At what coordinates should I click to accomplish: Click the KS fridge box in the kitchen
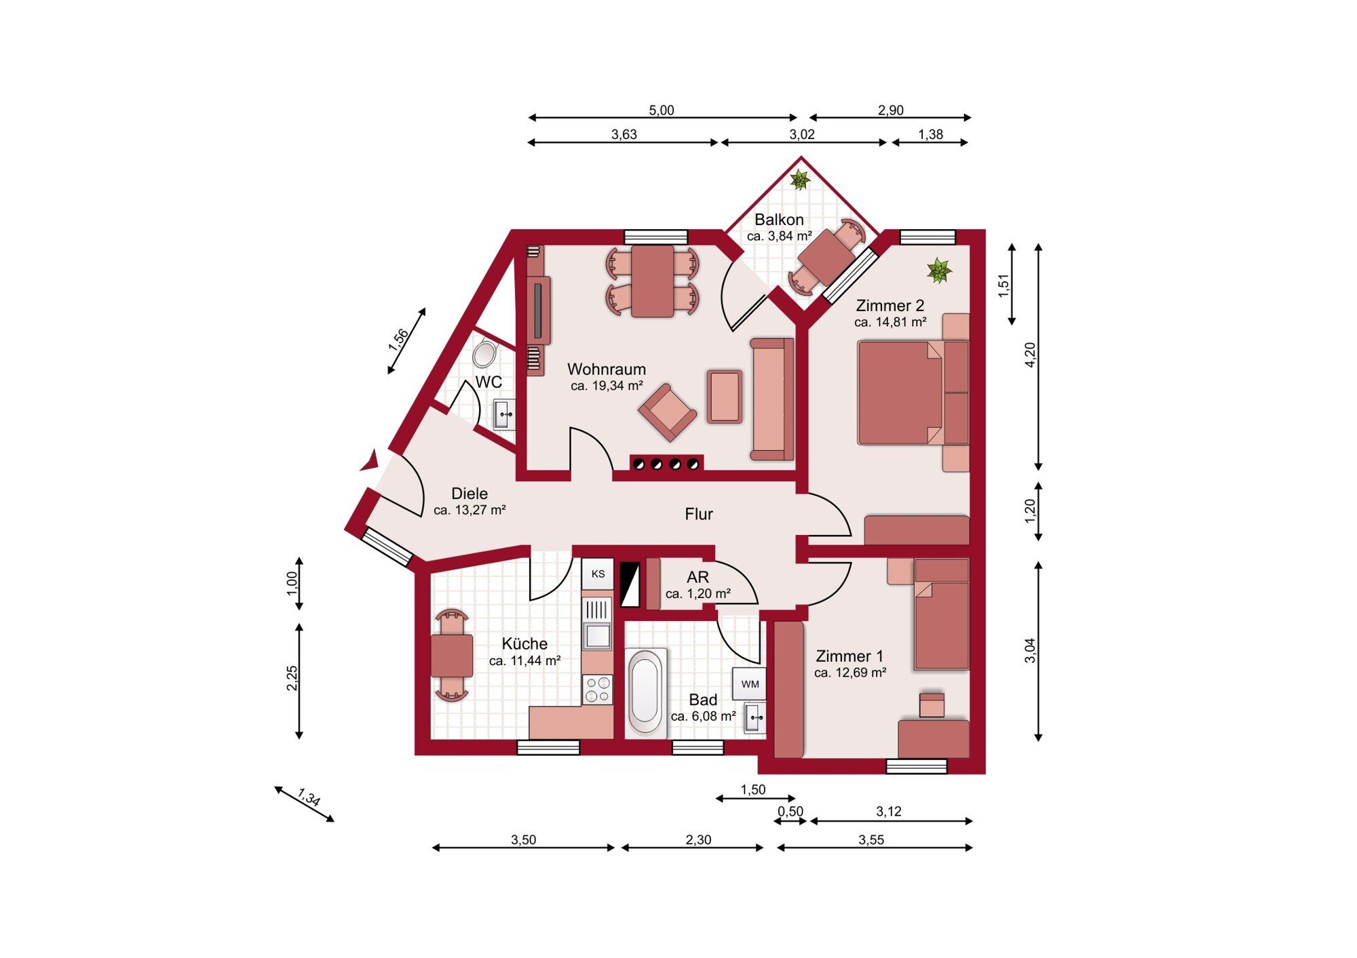click(598, 574)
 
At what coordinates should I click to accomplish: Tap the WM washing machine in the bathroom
click(750, 684)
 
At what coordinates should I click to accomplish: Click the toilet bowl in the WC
click(485, 354)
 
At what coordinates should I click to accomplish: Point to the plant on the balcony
click(801, 180)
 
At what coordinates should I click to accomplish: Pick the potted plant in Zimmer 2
click(939, 271)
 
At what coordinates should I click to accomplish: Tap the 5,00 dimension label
click(662, 110)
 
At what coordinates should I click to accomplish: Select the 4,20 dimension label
click(1031, 355)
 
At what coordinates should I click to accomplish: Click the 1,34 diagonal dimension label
click(309, 797)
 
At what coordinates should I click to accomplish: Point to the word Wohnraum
click(607, 370)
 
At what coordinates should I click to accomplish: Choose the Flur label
click(699, 514)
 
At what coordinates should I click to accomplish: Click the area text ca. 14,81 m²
click(890, 322)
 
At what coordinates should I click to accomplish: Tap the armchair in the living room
click(667, 412)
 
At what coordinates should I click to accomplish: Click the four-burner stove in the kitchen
click(598, 690)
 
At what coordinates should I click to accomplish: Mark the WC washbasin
click(503, 414)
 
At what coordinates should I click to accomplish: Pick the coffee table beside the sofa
click(725, 396)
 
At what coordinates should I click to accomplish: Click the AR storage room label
click(698, 577)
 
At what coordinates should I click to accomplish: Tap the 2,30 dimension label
click(698, 839)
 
